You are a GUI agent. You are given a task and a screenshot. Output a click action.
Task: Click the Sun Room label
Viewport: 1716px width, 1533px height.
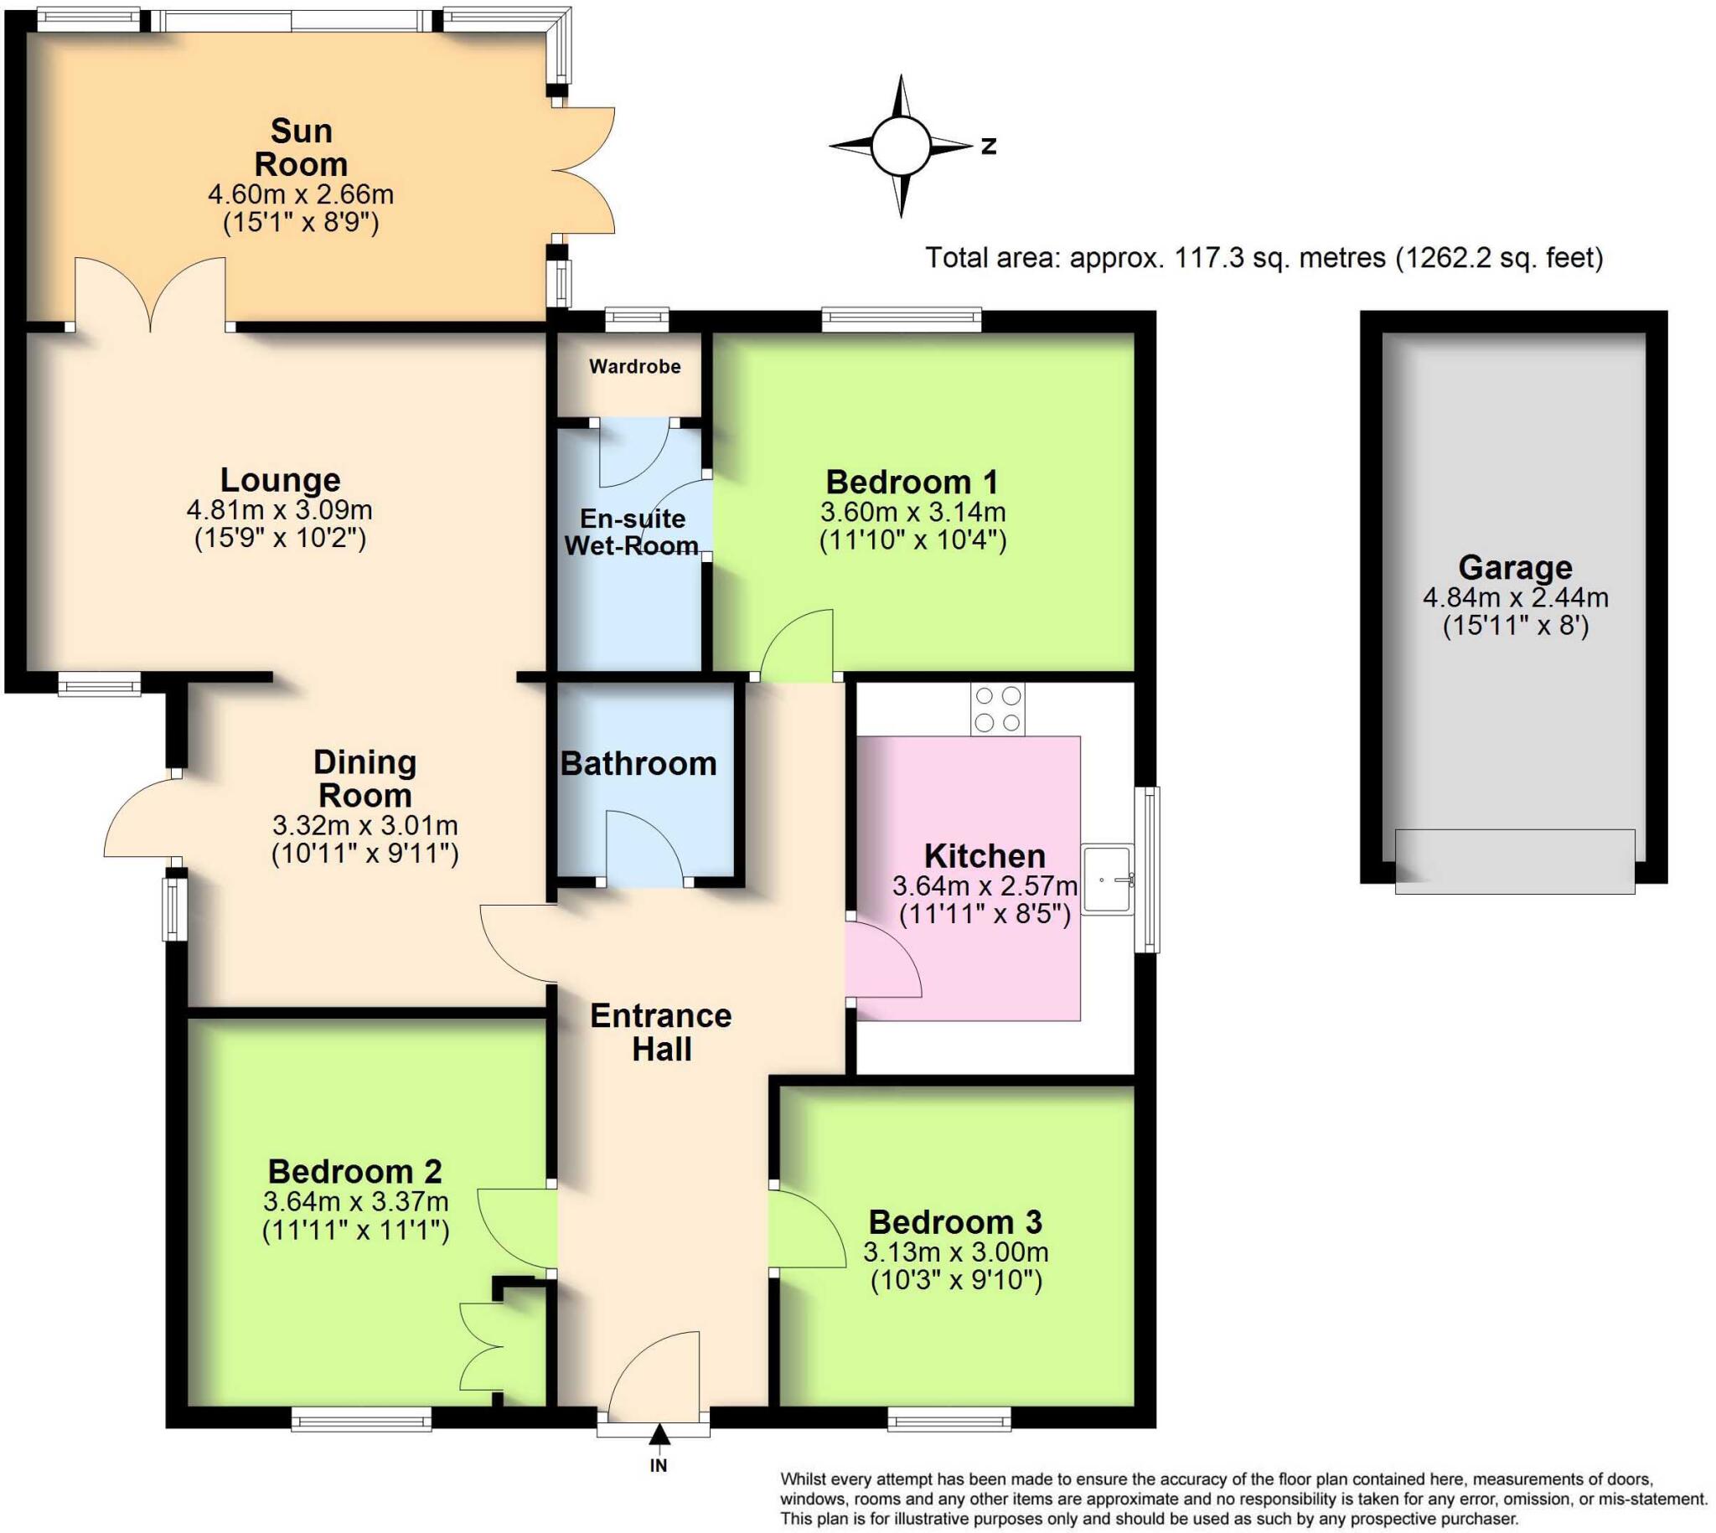[301, 147]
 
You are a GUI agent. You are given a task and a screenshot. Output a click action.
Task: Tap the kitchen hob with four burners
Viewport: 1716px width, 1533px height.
[997, 710]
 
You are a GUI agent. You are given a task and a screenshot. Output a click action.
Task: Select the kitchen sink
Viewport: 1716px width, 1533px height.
[1107, 880]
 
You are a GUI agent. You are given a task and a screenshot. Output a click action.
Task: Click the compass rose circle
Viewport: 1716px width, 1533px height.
[901, 146]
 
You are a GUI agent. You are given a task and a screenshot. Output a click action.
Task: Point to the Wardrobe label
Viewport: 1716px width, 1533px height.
[634, 366]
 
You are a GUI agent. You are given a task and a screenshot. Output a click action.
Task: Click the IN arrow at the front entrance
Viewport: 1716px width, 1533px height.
[659, 1434]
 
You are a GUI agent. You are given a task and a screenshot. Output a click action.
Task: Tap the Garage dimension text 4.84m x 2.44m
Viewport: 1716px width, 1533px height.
[1515, 597]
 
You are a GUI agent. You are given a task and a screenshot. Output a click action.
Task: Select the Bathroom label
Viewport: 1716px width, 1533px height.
[638, 763]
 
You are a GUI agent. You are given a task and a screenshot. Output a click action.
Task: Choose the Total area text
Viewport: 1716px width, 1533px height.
[1264, 257]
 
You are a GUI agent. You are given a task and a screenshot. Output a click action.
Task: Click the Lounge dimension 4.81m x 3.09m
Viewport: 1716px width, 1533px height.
[279, 509]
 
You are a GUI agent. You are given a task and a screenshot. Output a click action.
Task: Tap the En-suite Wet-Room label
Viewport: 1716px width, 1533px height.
[632, 531]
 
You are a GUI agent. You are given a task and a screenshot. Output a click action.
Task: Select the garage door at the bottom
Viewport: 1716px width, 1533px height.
[1514, 861]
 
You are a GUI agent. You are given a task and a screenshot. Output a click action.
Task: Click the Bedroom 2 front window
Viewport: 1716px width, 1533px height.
[361, 1420]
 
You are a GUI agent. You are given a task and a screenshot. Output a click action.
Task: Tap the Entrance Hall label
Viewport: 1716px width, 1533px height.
[660, 1032]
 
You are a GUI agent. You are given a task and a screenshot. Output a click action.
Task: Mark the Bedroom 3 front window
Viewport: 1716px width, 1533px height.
[948, 1420]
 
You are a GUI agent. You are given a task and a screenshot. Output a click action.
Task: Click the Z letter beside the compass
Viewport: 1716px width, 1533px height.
[989, 146]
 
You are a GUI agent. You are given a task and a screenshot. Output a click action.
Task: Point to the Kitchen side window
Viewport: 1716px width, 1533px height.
[1146, 870]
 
